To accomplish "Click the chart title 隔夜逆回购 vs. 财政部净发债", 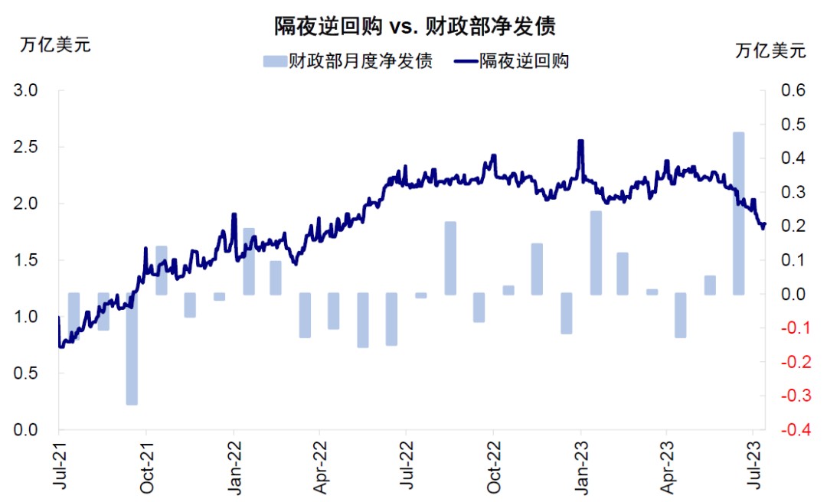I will point(414,25).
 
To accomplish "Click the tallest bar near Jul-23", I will point(739,214).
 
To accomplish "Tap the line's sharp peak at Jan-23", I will point(580,142).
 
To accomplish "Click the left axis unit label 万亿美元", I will point(55,44).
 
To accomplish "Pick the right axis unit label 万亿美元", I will point(770,51).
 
